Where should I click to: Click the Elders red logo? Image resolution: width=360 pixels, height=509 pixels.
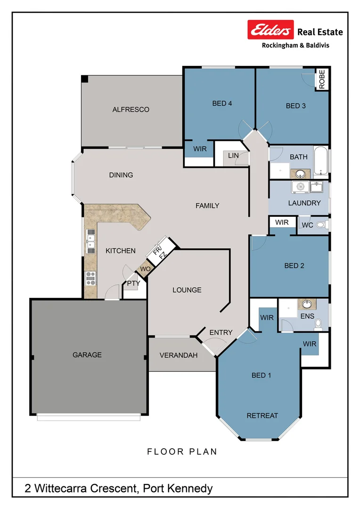271,30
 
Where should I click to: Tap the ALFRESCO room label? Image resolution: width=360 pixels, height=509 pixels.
131,109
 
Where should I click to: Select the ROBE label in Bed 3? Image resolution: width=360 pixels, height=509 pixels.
322,80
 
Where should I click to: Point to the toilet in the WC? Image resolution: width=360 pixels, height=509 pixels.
322,225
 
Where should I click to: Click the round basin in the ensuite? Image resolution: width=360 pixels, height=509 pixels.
307,304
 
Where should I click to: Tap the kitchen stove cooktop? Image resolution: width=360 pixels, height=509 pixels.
90,278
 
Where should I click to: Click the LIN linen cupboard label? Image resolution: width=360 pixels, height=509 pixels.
233,156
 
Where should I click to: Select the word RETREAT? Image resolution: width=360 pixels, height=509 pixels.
262,415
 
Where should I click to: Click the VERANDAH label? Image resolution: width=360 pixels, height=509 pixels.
178,355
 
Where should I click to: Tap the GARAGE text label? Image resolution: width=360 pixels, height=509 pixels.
87,354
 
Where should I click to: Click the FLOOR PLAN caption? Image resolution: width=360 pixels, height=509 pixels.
182,452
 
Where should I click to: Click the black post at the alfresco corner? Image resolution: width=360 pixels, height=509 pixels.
84,79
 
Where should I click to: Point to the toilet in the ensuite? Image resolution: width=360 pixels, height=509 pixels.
319,323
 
